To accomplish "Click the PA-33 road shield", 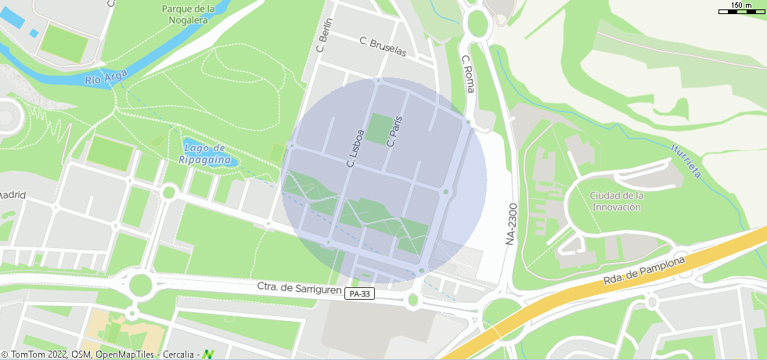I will coord(360,294).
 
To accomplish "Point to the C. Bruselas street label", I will coord(383,46).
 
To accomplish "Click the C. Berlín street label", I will coord(323,35).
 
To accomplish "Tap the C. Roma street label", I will coord(468,74).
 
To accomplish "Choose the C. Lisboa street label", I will coord(355,148).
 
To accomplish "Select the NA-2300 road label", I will coord(511,225).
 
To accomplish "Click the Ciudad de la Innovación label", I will coord(617,201).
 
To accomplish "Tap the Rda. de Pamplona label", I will coord(644,270).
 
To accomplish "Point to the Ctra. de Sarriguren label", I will coord(299,288).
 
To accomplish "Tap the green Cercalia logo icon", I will coord(208,355).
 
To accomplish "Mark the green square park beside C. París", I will coord(379,129).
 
